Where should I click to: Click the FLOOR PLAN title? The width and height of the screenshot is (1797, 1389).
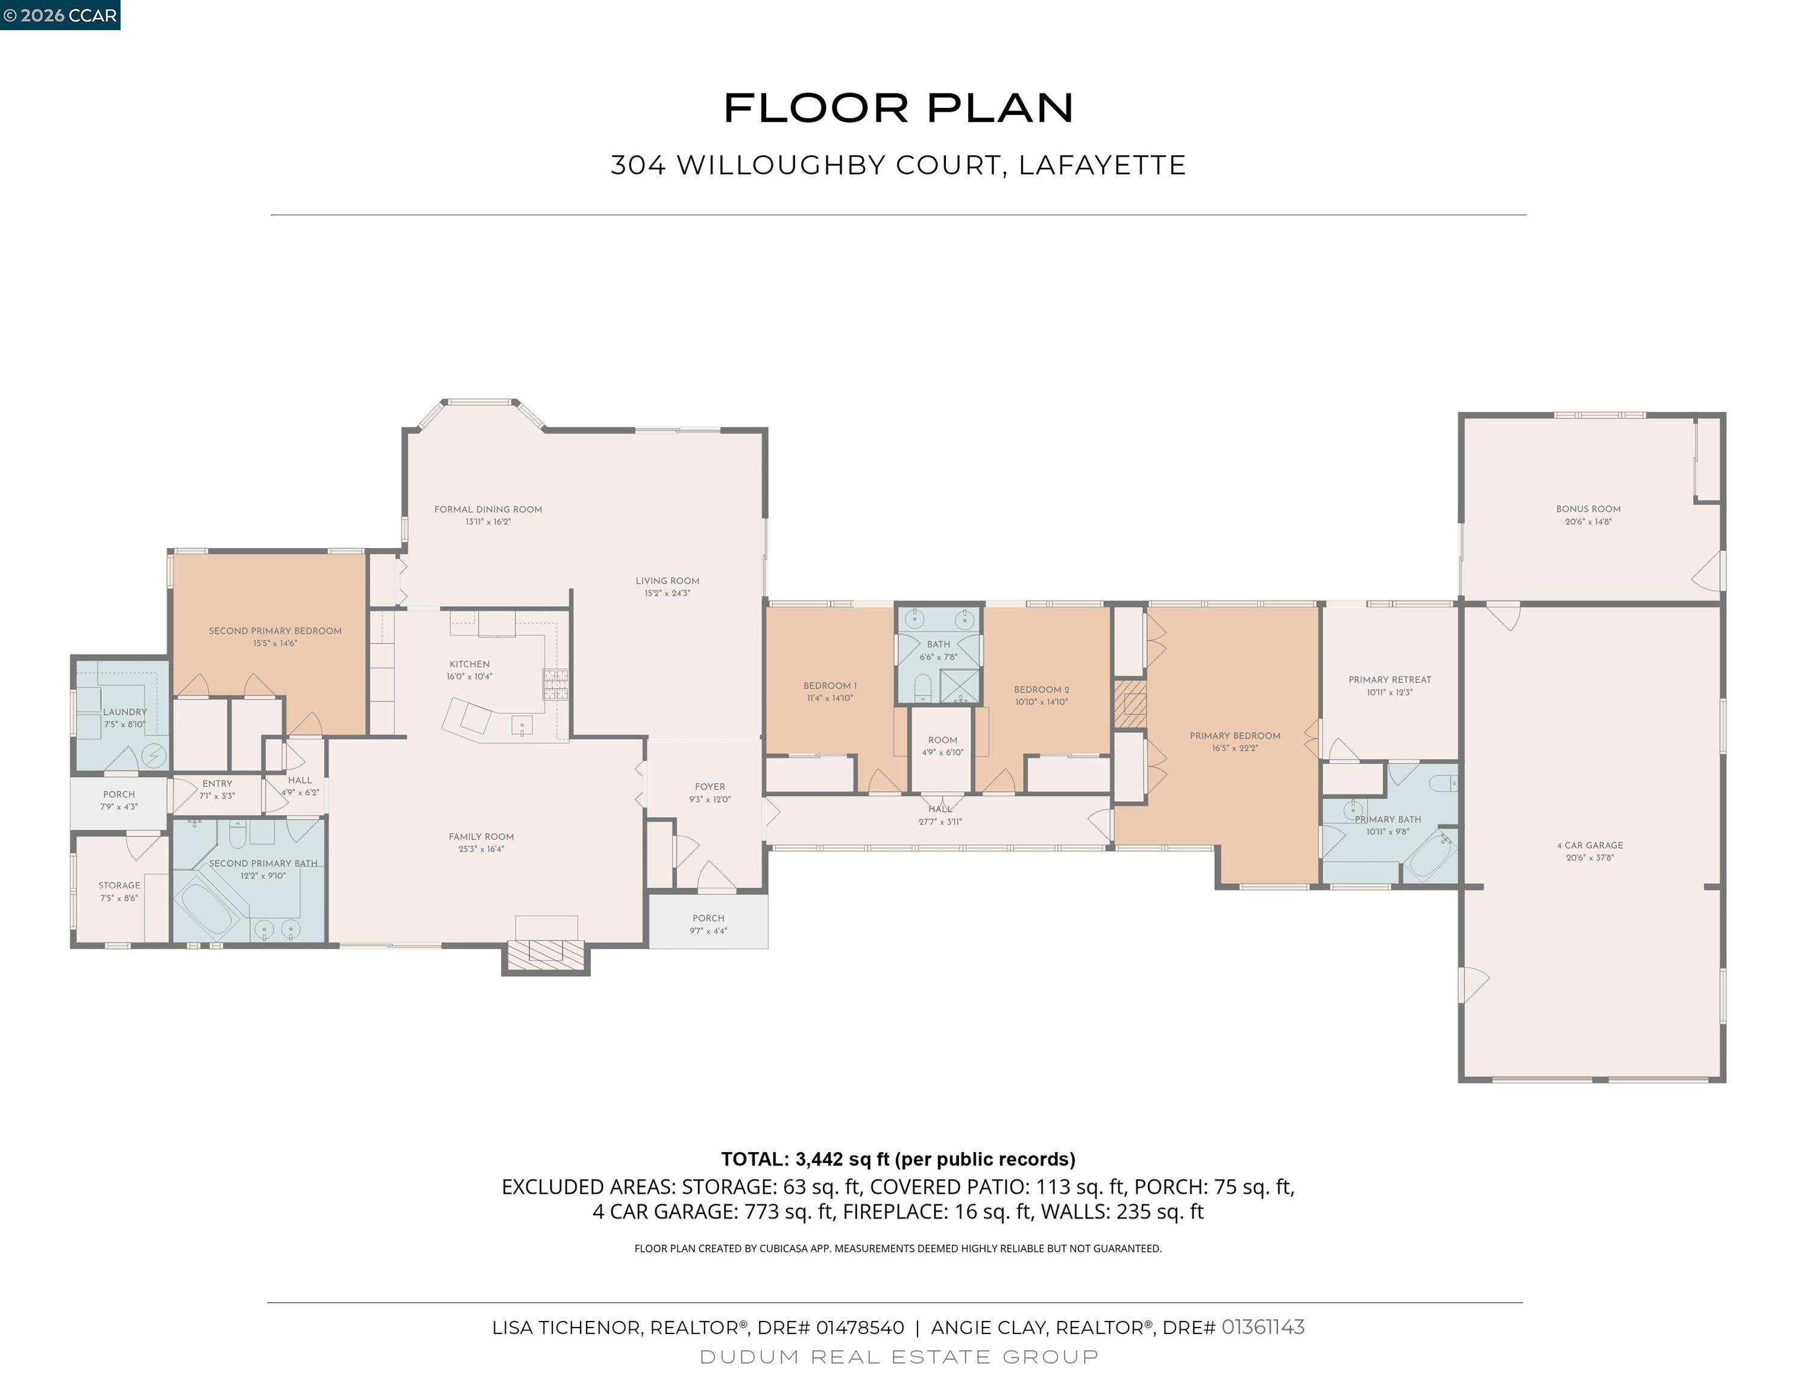(898, 109)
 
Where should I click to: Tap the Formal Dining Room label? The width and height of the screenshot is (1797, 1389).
(488, 509)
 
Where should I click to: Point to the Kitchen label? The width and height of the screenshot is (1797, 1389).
(469, 664)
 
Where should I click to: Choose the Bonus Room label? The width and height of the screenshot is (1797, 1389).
(1588, 509)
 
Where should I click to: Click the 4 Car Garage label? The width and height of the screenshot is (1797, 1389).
(1590, 845)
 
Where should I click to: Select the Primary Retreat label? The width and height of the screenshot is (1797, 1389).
(1389, 679)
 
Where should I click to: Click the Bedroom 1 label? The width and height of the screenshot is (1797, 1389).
(830, 685)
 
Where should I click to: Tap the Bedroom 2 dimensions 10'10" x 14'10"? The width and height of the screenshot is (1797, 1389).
(1042, 702)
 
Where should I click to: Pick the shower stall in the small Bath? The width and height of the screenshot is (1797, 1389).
(960, 686)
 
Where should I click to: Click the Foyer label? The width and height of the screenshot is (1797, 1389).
(710, 787)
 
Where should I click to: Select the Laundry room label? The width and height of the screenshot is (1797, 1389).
(125, 712)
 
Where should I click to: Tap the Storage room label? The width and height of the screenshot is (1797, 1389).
(119, 886)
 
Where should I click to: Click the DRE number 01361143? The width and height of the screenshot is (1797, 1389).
(1263, 1328)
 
